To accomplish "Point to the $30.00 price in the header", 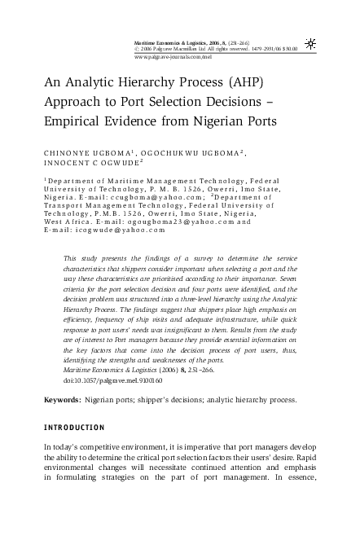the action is point(288,49).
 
